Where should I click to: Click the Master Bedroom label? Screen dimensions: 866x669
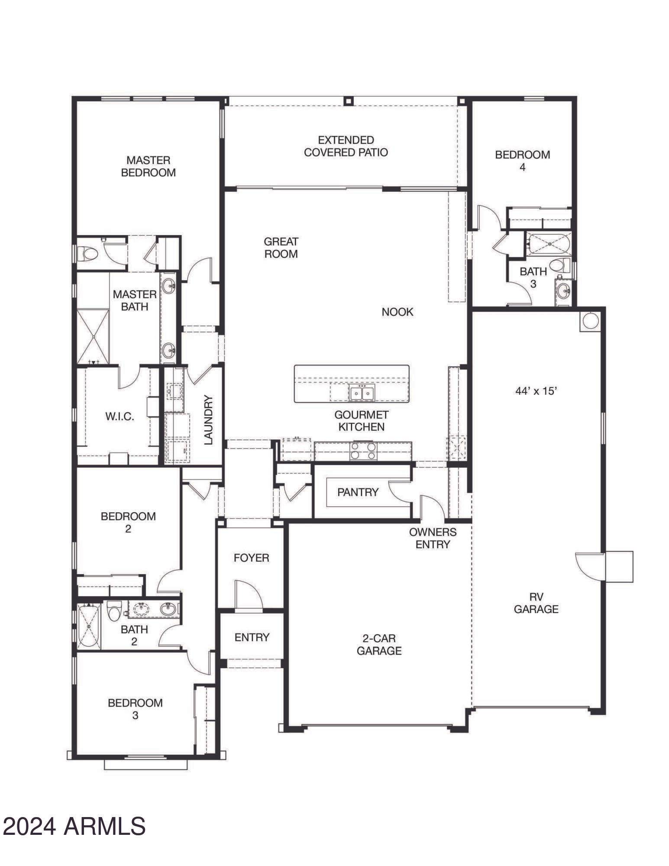148,166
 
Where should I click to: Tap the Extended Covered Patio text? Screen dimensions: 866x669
346,146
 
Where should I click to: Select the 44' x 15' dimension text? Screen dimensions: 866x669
536,391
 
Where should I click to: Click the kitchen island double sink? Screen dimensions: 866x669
362,393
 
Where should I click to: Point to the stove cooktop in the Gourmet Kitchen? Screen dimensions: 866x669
363,451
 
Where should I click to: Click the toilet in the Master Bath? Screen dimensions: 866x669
88,254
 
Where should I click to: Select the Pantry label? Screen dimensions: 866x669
358,492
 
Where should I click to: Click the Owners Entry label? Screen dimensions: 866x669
433,538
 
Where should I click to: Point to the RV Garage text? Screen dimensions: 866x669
536,603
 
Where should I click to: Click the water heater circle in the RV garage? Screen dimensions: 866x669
590,321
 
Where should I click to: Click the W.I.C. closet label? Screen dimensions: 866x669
120,417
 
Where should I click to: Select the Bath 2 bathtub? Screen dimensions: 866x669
89,626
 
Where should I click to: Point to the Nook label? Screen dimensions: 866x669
397,312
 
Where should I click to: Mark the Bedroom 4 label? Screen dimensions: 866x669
522,161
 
